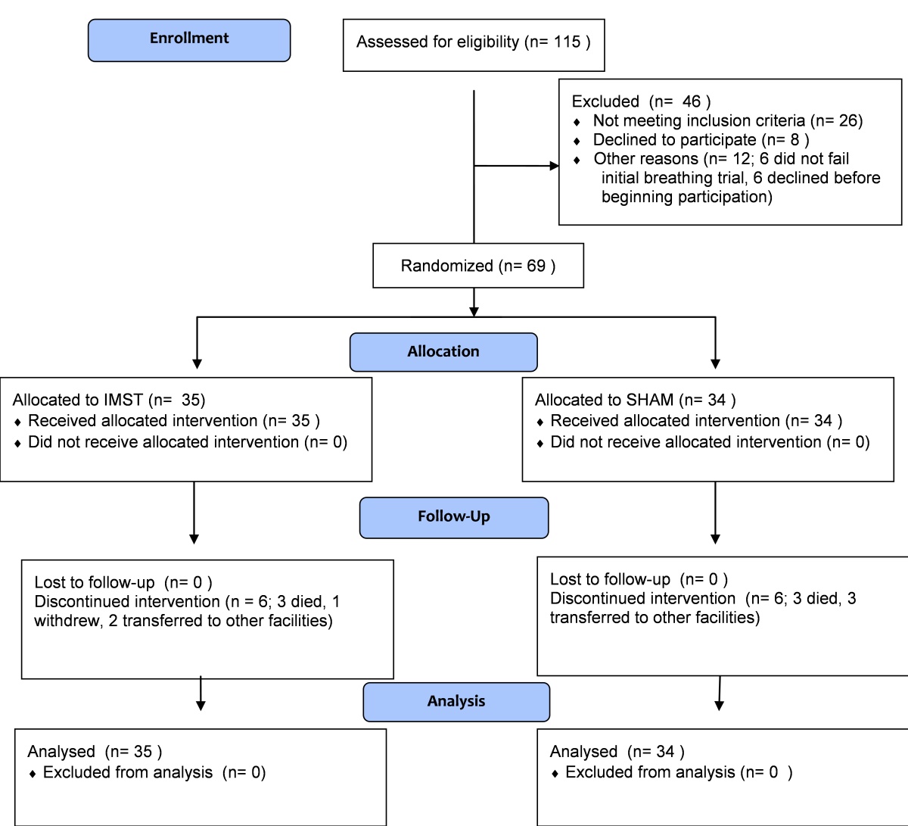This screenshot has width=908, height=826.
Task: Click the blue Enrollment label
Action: tap(189, 40)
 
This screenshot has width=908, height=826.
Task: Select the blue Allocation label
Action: tap(443, 352)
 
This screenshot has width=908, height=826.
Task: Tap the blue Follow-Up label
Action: tap(454, 517)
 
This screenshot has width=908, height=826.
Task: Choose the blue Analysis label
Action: tap(456, 702)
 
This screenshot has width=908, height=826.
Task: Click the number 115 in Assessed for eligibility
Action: tap(567, 42)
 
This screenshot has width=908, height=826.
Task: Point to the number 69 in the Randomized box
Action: tap(536, 266)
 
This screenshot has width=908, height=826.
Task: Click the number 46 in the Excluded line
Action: tap(691, 101)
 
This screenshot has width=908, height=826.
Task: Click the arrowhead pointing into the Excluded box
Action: tap(554, 166)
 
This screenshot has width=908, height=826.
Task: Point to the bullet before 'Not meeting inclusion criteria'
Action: tap(577, 122)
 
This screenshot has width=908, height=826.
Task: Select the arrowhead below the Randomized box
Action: tap(474, 312)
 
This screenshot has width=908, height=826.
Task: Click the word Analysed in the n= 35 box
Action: tap(61, 751)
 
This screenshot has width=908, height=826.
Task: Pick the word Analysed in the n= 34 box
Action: tap(583, 751)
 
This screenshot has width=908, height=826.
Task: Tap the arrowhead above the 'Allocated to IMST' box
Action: tap(197, 364)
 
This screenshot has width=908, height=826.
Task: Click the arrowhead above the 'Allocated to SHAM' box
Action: tap(715, 364)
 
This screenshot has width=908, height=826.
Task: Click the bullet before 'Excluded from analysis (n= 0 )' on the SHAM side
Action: tap(555, 774)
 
